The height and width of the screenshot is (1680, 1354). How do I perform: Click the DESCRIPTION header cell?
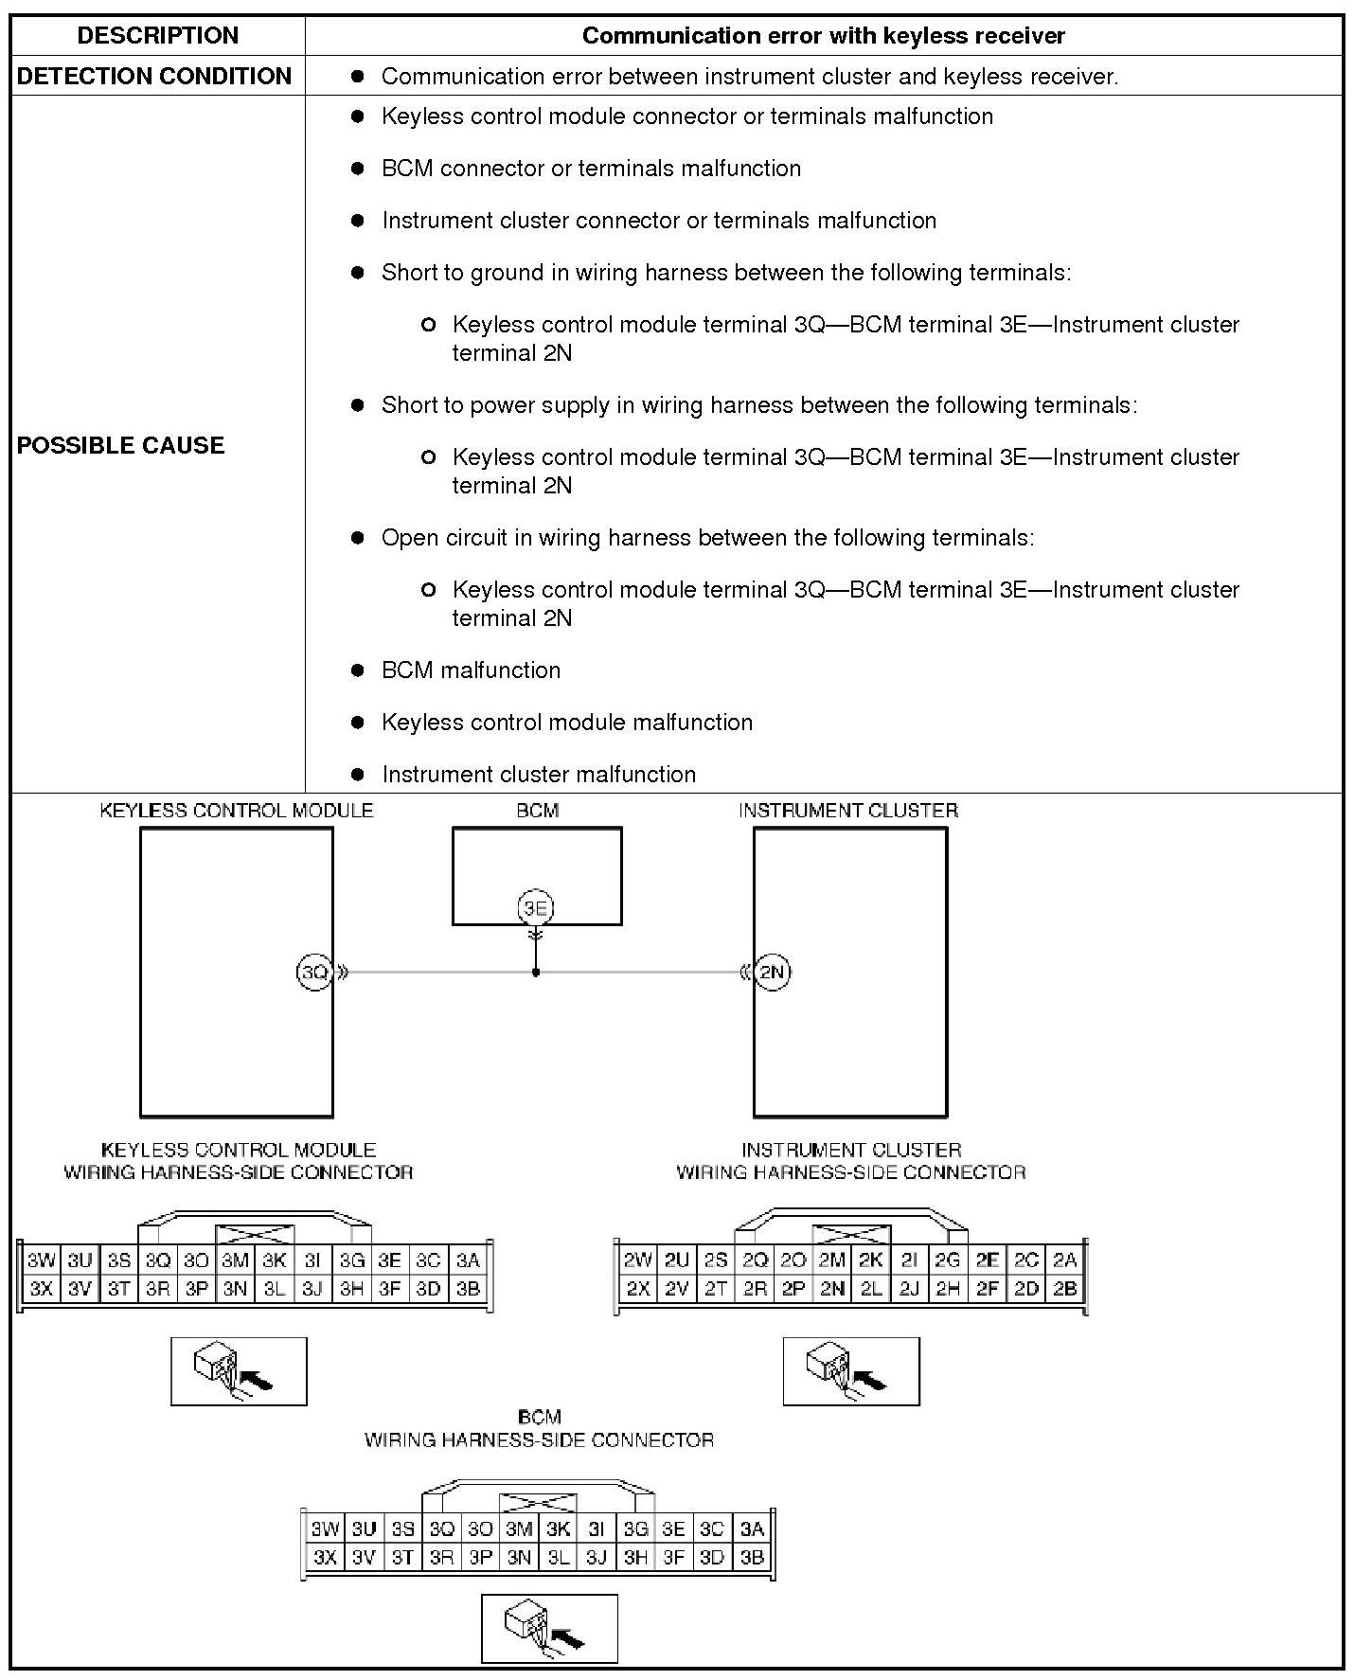[x=157, y=36]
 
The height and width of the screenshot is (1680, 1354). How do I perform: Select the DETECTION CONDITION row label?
[x=154, y=77]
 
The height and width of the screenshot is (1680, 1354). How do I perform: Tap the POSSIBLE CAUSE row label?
[x=120, y=445]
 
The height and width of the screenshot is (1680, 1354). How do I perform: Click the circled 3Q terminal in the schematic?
[x=313, y=972]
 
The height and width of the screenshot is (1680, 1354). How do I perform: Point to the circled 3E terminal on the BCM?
[x=536, y=908]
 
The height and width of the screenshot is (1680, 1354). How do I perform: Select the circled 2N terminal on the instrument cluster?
[x=773, y=972]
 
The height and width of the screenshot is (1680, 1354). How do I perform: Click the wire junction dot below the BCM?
[x=536, y=973]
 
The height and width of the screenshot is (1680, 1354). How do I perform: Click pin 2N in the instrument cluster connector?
[x=832, y=1288]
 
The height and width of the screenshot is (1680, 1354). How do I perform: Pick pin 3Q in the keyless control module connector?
[x=157, y=1260]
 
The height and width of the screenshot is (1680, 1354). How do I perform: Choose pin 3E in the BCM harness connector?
[x=673, y=1528]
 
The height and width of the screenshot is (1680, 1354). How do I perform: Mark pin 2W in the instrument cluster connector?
[x=638, y=1260]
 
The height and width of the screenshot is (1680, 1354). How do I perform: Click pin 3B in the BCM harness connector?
[x=752, y=1557]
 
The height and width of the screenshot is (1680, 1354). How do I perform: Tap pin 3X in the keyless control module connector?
[x=41, y=1288]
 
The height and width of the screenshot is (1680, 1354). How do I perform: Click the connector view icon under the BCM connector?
[x=549, y=1628]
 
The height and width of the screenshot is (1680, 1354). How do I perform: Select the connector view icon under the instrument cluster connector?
[x=850, y=1370]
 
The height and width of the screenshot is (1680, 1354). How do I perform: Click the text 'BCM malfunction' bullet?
[x=471, y=670]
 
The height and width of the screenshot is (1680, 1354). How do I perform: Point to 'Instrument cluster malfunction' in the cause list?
[x=539, y=775]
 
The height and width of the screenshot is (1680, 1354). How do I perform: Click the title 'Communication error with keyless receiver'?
[x=823, y=36]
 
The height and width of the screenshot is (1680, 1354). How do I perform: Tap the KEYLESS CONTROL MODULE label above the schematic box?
[x=237, y=811]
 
